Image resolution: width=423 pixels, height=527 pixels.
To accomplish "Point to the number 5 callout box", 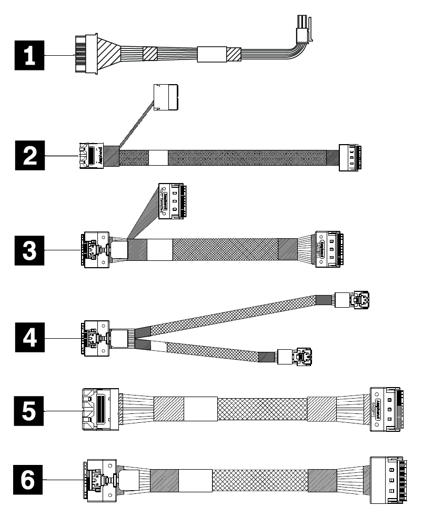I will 29,410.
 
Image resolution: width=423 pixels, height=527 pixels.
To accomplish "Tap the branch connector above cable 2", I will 166,97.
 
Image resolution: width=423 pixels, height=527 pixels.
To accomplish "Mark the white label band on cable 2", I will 158,157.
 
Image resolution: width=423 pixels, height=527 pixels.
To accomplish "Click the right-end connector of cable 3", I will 329,248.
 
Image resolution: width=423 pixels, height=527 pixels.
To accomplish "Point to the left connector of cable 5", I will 97,410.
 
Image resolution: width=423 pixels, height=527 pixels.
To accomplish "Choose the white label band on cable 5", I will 200,409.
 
